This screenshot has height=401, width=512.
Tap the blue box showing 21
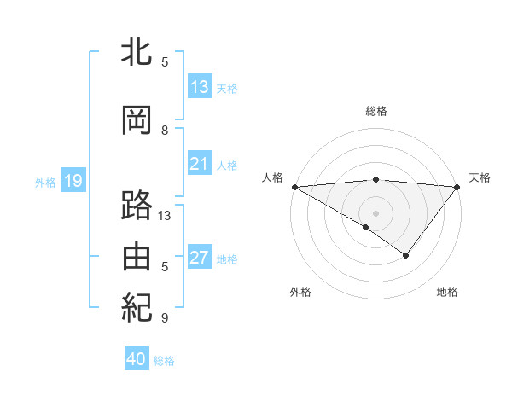click(x=200, y=164)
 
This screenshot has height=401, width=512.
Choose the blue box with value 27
click(x=200, y=258)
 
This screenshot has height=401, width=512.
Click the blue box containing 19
click(x=73, y=181)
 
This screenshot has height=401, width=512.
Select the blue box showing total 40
click(x=137, y=359)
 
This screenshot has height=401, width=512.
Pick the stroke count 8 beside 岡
click(x=165, y=131)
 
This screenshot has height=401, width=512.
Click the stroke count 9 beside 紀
click(x=165, y=318)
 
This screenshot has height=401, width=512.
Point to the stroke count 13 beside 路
click(x=165, y=216)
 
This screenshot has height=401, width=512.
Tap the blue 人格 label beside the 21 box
click(x=227, y=166)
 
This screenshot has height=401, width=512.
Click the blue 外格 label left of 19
click(x=45, y=182)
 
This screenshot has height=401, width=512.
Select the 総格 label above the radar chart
click(x=376, y=111)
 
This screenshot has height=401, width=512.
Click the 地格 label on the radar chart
click(x=447, y=293)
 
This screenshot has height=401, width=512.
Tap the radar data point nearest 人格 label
click(x=294, y=186)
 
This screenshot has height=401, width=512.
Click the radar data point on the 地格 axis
click(x=406, y=255)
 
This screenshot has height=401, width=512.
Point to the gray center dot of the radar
click(x=376, y=212)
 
